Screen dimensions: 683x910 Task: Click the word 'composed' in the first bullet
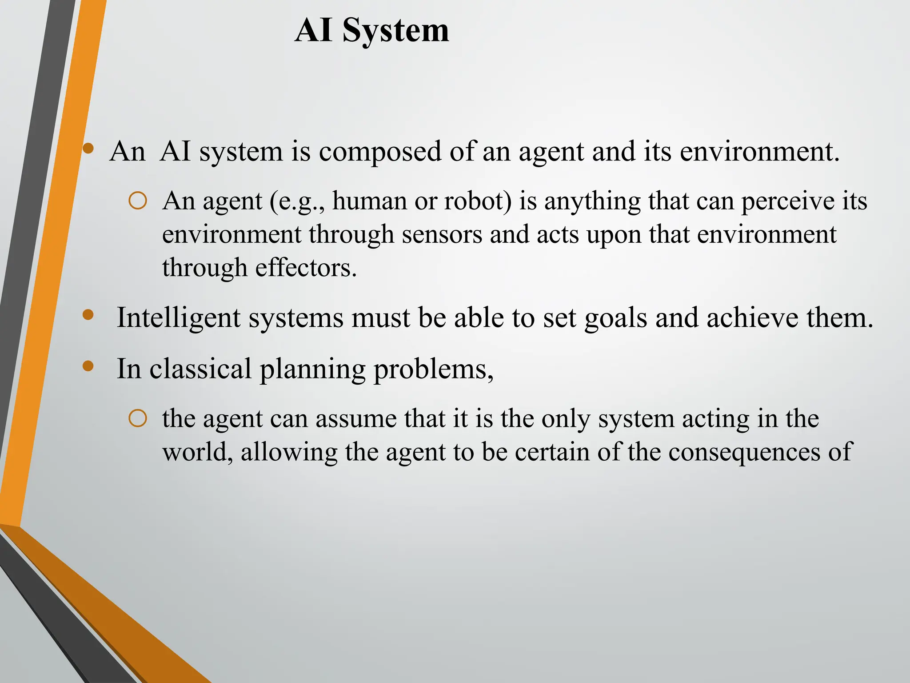tap(380, 152)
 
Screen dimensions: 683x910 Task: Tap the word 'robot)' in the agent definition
tap(478, 201)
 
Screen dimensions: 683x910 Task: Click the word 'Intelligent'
tap(178, 318)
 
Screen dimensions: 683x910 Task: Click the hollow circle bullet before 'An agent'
tap(138, 201)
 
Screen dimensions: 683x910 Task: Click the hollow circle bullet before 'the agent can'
tap(138, 419)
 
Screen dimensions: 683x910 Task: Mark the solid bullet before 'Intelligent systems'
tap(88, 315)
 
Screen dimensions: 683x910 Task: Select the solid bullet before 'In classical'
tap(88, 366)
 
